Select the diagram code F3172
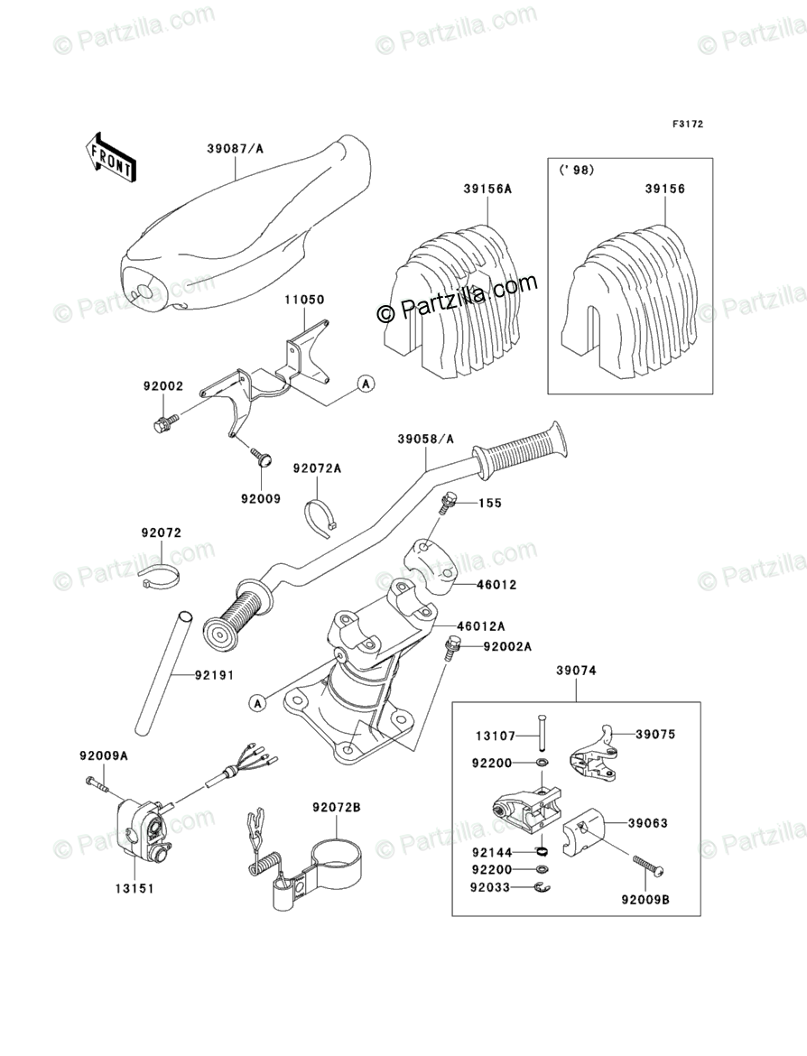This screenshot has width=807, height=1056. point(687,124)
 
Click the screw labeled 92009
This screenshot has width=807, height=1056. point(262,459)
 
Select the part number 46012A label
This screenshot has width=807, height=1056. point(480,625)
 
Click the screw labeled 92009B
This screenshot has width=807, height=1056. point(653,866)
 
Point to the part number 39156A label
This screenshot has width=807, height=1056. point(487,189)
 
